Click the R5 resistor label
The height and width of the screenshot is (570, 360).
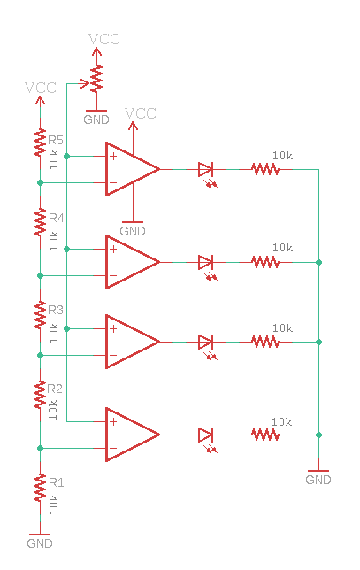coord(56,140)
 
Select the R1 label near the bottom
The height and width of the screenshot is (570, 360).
coord(57,482)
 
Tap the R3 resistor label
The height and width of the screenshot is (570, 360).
coord(56,310)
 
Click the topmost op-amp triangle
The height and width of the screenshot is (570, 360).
coord(133,169)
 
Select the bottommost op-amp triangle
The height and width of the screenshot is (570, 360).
coord(133,435)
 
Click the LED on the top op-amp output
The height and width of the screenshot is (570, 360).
coord(205,169)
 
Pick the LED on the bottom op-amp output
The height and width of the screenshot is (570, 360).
coord(205,435)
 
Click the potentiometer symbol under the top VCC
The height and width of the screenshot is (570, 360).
coord(96,79)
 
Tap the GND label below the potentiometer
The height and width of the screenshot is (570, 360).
coord(96,119)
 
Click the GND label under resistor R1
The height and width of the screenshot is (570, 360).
coord(40,543)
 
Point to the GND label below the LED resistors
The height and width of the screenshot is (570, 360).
coord(318,480)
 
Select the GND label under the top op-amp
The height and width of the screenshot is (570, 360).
coord(133,231)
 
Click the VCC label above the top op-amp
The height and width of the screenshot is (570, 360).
coord(141,113)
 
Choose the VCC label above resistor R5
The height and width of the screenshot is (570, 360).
coord(41,88)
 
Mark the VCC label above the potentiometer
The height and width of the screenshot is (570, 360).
coord(104,39)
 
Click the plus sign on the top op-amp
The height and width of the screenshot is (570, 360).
coord(113,157)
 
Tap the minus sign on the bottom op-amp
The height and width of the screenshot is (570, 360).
coord(113,448)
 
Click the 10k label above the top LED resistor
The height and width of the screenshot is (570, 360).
coord(283,156)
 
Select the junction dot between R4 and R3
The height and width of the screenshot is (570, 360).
coord(41,276)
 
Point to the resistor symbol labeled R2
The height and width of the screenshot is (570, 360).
coord(40,395)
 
